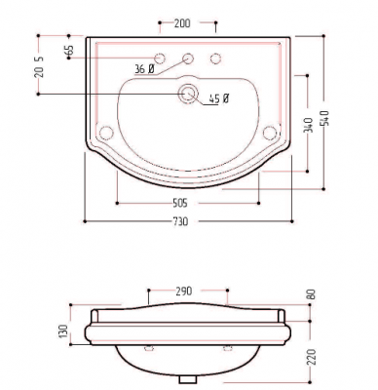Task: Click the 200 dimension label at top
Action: point(182,23)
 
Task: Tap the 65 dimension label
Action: point(69,51)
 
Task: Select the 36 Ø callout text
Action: point(144,68)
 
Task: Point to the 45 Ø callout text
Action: point(219,98)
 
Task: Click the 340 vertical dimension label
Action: point(309,125)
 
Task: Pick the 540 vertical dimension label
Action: point(325,118)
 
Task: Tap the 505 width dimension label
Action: point(179,204)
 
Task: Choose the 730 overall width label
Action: point(180,222)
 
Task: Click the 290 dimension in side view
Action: point(184,292)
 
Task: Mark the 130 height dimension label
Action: point(63,331)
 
